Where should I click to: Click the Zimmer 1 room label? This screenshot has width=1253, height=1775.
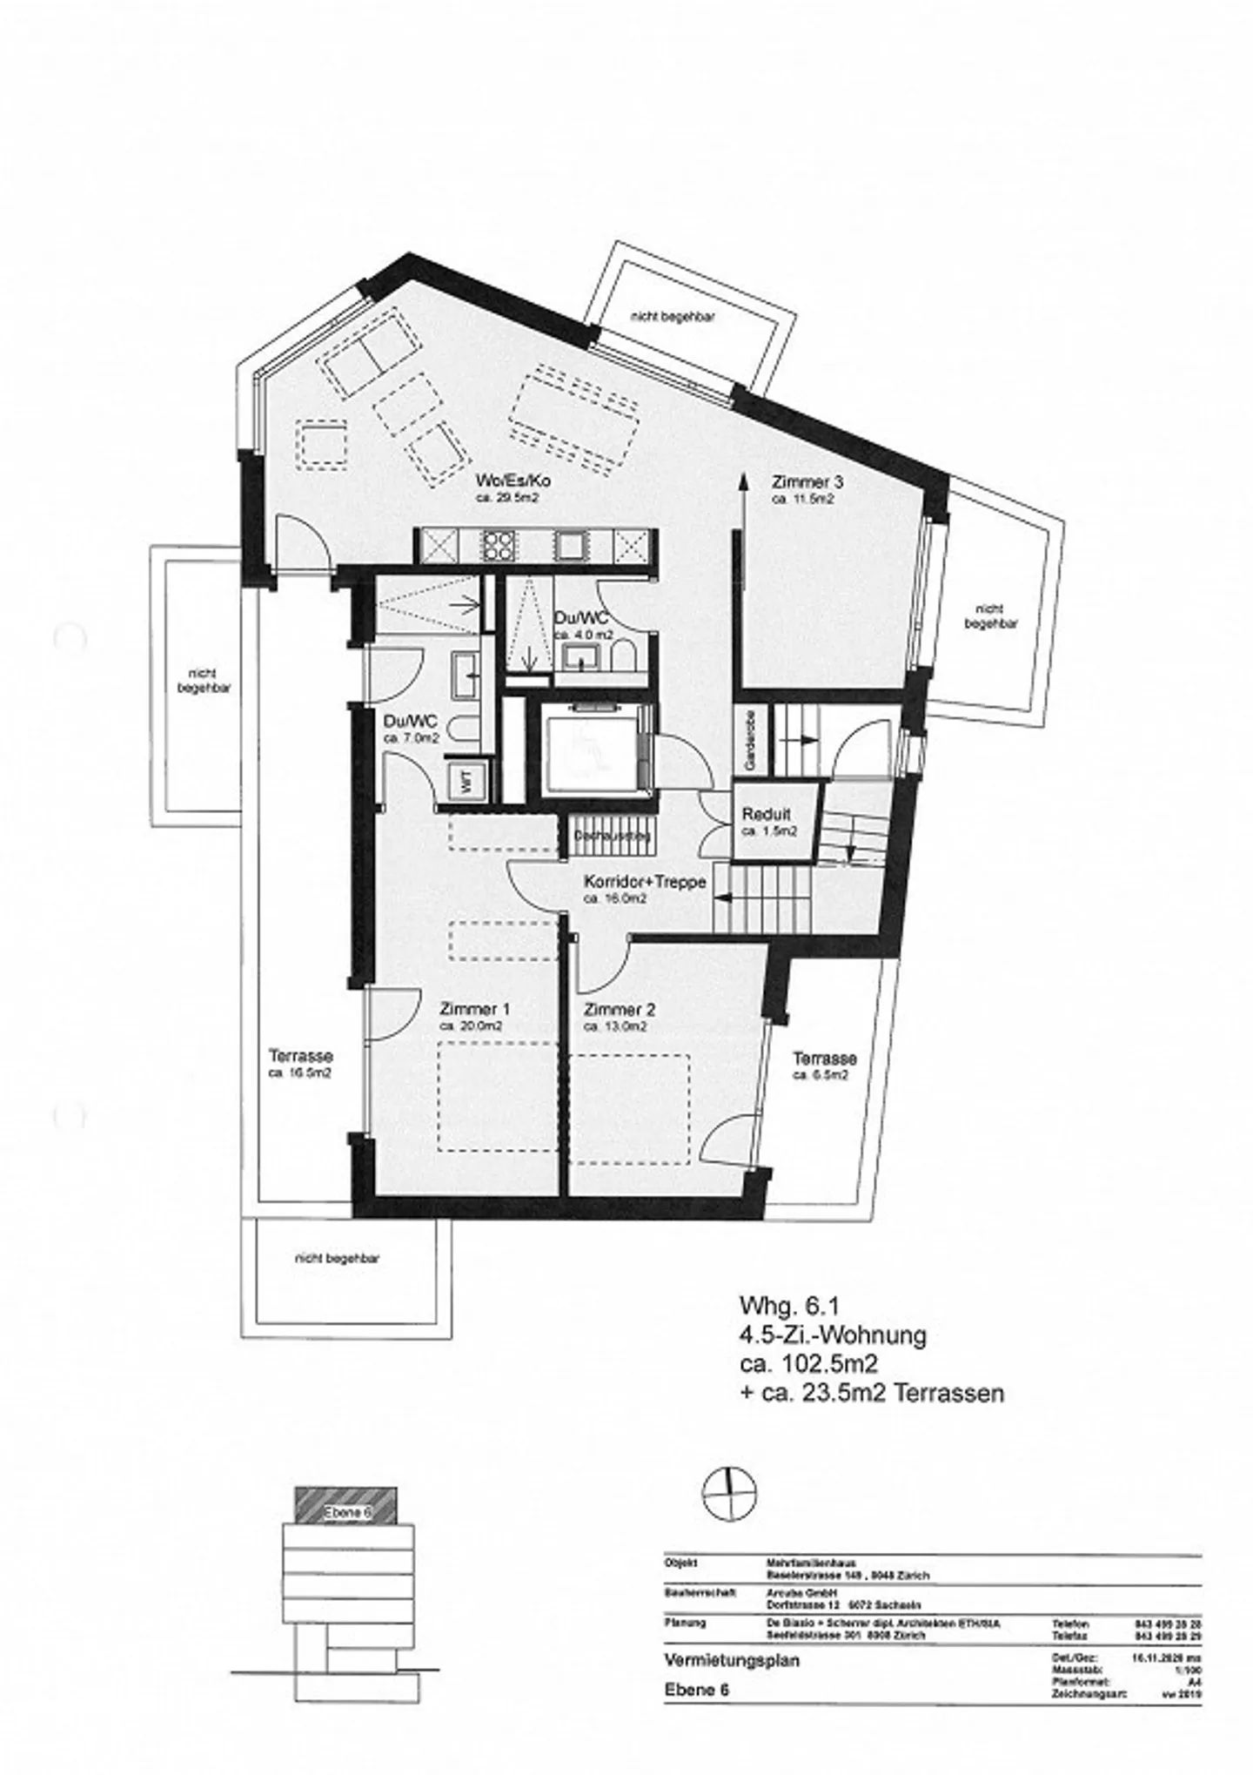(474, 1010)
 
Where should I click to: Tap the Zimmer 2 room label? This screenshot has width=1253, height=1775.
(619, 1011)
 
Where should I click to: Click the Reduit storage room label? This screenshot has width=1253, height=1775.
(767, 815)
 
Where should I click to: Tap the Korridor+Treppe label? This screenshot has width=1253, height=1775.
(643, 882)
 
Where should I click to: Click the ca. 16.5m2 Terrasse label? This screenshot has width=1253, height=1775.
(300, 1058)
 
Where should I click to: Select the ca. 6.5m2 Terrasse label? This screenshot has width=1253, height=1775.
(823, 1059)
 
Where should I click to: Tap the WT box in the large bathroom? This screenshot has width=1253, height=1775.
(466, 781)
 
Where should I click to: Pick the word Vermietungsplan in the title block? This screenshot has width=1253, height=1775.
(719, 1660)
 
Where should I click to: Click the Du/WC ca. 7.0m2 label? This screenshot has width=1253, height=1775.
(410, 722)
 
